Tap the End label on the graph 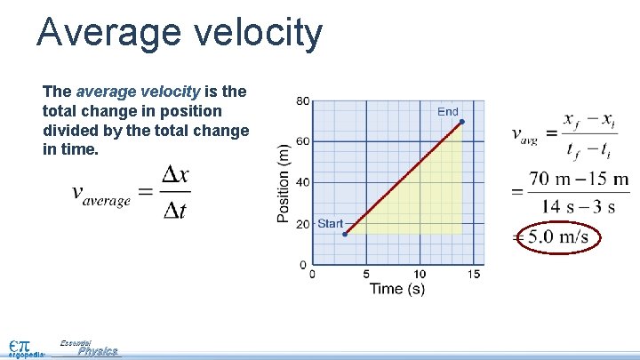(448, 111)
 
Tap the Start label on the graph (330, 223)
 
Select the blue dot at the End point (461, 121)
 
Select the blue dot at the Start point (345, 234)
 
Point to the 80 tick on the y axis (303, 101)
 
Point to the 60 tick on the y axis (303, 141)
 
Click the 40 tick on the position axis (303, 182)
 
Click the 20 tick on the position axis (303, 224)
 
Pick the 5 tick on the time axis (365, 274)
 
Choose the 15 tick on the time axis (474, 274)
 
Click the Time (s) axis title (396, 288)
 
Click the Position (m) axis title (284, 183)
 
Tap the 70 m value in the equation (548, 180)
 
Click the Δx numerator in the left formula (175, 175)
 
